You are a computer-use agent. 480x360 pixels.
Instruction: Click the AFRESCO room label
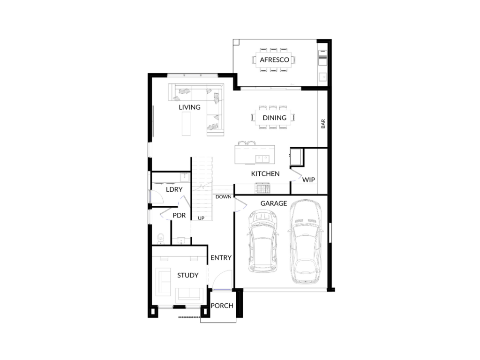coord(274,60)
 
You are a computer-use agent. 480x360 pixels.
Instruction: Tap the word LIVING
coord(189,107)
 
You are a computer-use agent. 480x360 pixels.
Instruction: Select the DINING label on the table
coord(274,118)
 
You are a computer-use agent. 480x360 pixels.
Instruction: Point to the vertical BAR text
coord(323,124)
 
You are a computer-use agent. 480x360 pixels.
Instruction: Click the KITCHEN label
coord(265,174)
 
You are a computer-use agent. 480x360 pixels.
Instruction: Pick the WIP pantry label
coord(308,180)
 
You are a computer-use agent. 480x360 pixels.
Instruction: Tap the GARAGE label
coord(274,203)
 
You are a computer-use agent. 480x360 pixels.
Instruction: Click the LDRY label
coord(174,189)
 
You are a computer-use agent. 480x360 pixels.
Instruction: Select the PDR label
coord(179,216)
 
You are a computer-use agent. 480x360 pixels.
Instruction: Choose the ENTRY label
coord(221,258)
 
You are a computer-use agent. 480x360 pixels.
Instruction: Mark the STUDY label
coord(187,275)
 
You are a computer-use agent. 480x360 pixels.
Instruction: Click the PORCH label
coord(222,306)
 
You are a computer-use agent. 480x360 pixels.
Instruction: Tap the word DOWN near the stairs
coord(224,197)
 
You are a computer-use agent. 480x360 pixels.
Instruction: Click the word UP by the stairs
coord(201,218)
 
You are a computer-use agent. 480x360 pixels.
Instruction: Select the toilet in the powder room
coord(160,239)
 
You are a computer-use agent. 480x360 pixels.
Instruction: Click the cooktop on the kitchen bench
coord(263,188)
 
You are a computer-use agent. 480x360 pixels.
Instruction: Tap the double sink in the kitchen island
coord(262,159)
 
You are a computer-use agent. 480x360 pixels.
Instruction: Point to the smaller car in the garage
coord(262,241)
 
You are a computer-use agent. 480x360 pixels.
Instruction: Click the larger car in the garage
coord(306,242)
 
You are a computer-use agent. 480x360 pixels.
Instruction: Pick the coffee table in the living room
coord(186,124)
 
